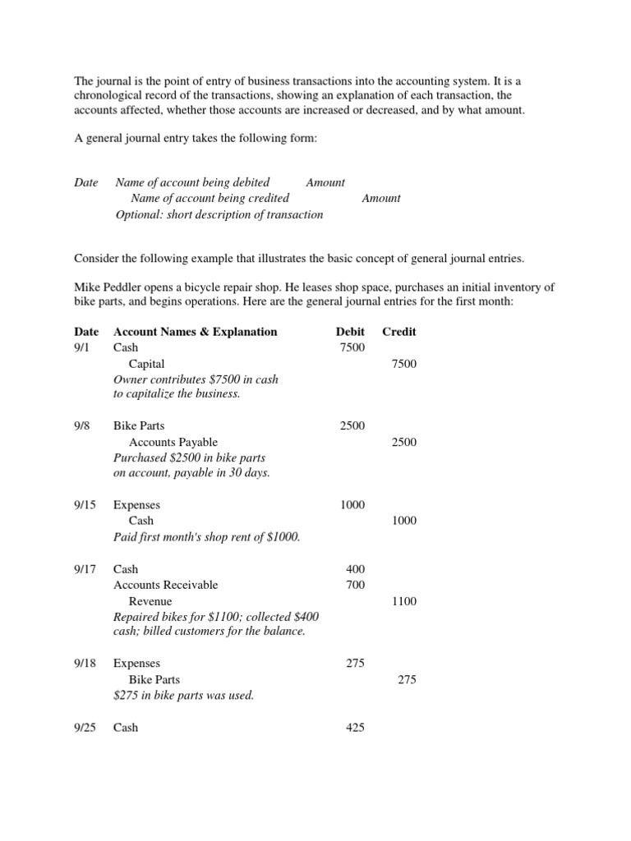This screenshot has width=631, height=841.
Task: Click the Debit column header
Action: coord(350,332)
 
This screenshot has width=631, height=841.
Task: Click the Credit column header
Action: coord(399,332)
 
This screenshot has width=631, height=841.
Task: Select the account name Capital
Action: coord(147,364)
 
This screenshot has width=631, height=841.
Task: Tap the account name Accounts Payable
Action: coord(173,443)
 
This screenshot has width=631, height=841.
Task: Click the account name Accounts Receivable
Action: coord(165,585)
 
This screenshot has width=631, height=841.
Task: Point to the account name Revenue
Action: coord(151,601)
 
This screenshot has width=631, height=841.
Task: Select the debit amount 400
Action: coord(356,569)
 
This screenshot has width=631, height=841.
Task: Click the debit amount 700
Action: coord(356,585)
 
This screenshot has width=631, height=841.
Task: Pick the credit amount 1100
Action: coord(404,601)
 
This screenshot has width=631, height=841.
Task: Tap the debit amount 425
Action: coord(356,728)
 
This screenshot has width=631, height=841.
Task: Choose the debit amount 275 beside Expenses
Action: coord(356,664)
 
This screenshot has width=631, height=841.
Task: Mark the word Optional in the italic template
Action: coord(138,214)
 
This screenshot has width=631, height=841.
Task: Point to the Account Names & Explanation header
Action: coord(195,332)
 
